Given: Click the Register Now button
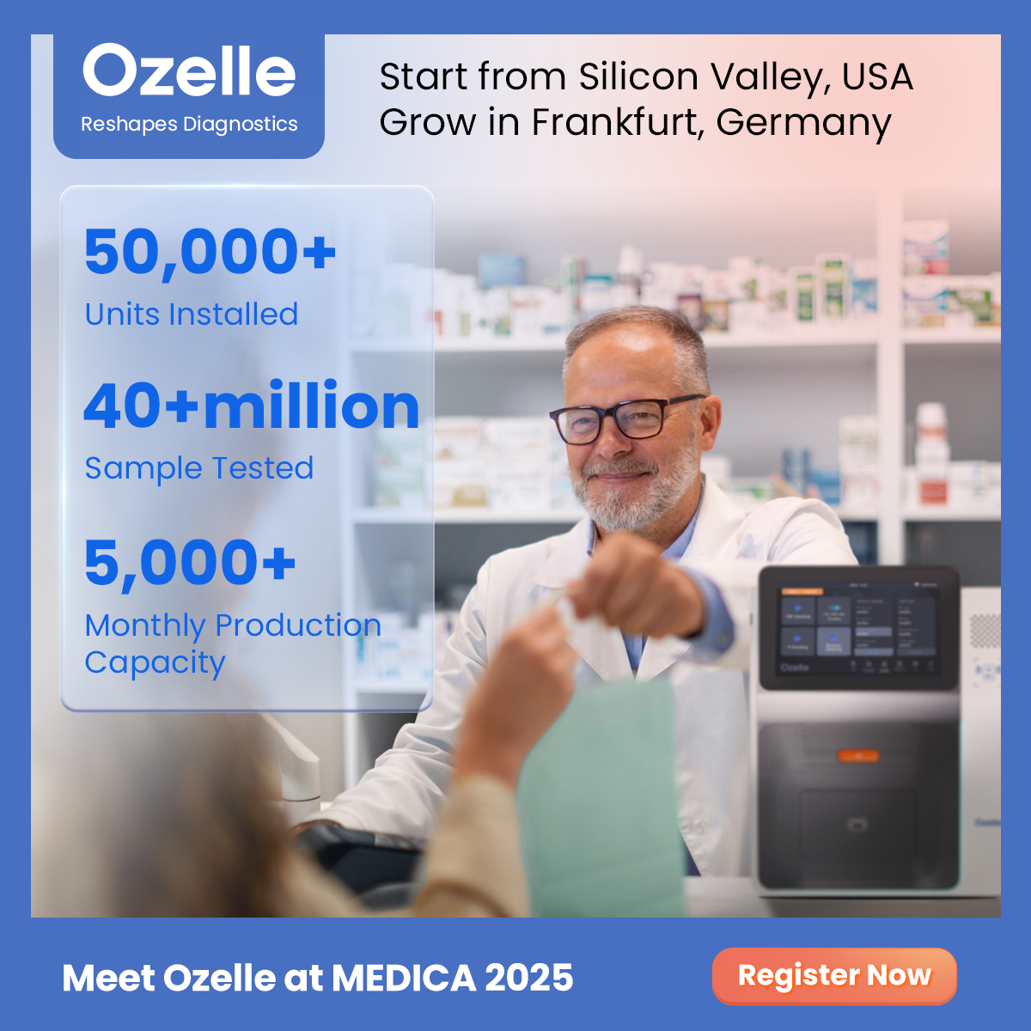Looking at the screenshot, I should click(x=834, y=976).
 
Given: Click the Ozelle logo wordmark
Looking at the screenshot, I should click(x=189, y=71).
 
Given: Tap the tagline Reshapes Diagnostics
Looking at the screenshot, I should click(x=189, y=125).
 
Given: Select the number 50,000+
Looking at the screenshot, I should click(x=210, y=252).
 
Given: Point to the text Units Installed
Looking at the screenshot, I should click(x=191, y=314).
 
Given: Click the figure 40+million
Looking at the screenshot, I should click(x=251, y=406).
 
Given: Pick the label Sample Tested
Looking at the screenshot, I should click(x=198, y=468).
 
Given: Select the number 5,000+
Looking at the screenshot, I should click(x=190, y=564).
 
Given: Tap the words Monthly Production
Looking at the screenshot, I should click(x=232, y=625).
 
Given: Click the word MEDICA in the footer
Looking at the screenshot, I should click(x=403, y=978).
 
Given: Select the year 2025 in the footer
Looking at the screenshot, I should click(x=528, y=978).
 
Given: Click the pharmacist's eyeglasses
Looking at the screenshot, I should click(x=625, y=419).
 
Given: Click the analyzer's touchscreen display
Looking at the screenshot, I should click(x=857, y=629).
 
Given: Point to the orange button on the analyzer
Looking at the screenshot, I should click(x=858, y=756).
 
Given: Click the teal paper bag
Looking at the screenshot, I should click(x=601, y=799).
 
